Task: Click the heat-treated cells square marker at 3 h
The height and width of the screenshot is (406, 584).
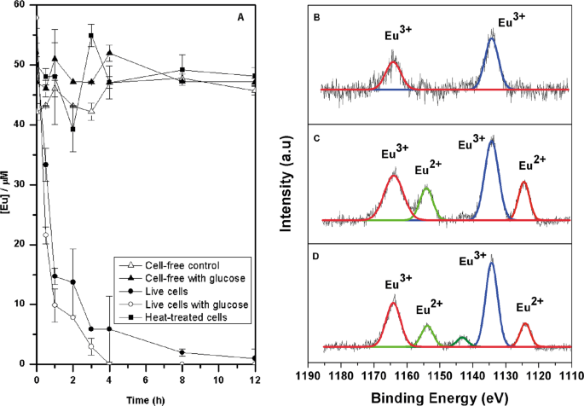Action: [91, 36]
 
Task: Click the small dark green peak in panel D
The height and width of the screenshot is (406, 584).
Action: [462, 340]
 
